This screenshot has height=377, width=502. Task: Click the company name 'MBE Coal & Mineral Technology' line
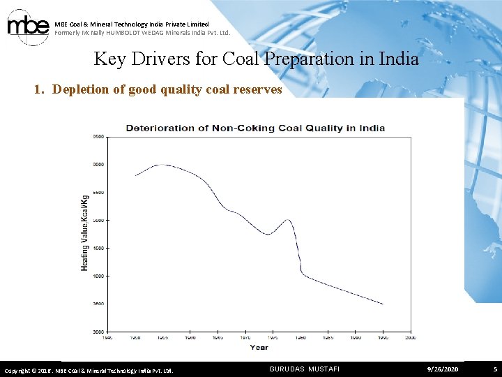click(x=132, y=24)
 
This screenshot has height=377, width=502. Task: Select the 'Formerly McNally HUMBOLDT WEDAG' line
click(x=142, y=33)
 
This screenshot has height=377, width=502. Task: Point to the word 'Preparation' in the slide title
click(x=302, y=59)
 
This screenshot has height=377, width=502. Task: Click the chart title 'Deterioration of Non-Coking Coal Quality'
click(x=255, y=128)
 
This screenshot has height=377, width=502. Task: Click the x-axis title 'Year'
click(x=259, y=347)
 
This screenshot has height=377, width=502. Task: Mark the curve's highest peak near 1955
click(x=162, y=165)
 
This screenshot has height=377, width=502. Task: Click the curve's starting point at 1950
click(x=135, y=175)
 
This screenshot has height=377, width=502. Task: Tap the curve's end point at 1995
click(x=383, y=304)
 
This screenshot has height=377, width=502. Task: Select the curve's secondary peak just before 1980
click(x=287, y=220)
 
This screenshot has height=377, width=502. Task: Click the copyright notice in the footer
click(x=89, y=370)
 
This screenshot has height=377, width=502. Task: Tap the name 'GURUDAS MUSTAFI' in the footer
click(x=304, y=369)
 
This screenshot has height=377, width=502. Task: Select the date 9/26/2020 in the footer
click(x=443, y=369)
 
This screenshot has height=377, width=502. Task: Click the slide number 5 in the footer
click(x=494, y=369)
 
